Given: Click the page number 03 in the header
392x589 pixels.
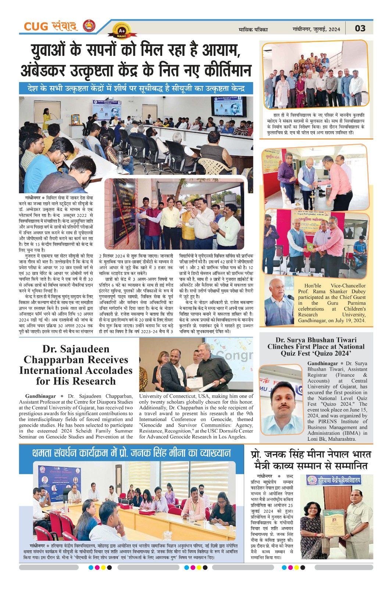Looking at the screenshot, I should (360, 28).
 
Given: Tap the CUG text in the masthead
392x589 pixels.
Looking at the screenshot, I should (36, 27).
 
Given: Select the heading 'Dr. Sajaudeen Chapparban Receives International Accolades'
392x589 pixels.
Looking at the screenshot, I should (76, 364).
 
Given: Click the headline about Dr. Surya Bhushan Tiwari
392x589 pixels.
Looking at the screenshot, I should (316, 346).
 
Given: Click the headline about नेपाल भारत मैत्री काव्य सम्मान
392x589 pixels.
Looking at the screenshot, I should (311, 459).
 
